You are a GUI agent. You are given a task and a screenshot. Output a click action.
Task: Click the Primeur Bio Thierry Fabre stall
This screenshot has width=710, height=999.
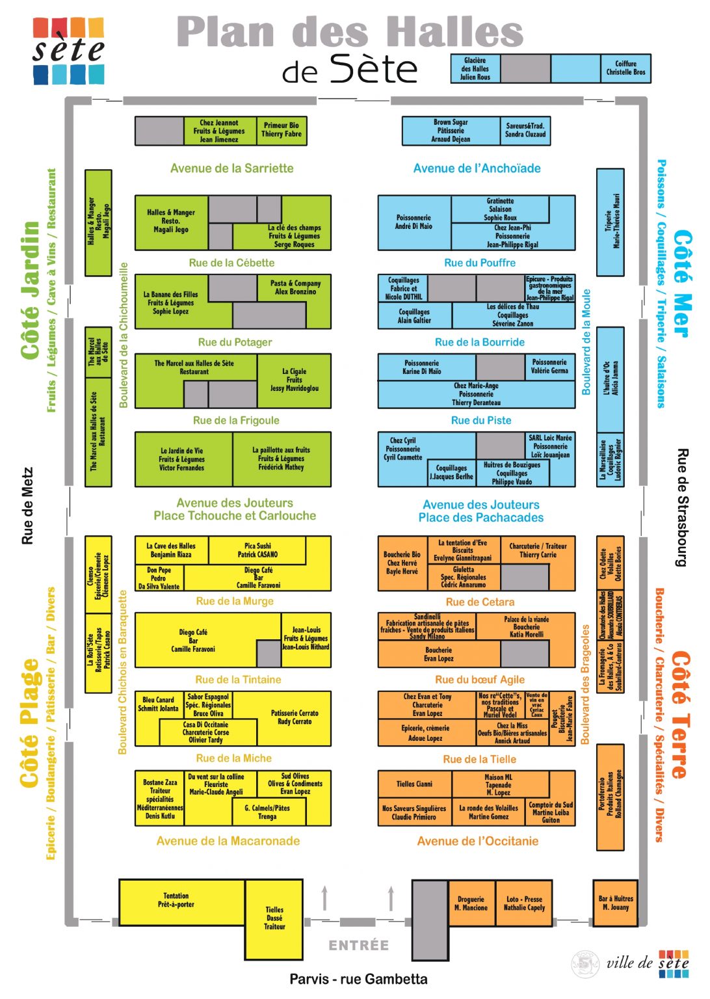click(281, 130)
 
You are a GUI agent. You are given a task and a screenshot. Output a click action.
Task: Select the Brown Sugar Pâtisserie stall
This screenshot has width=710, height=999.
click(451, 131)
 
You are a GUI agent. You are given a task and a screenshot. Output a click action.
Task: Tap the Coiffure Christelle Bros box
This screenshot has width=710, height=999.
click(625, 68)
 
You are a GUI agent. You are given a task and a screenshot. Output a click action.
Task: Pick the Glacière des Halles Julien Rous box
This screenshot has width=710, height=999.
click(475, 68)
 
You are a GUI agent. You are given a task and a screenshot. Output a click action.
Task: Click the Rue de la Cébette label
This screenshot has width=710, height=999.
click(231, 263)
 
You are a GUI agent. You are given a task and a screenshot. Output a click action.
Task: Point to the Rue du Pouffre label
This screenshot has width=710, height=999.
click(480, 263)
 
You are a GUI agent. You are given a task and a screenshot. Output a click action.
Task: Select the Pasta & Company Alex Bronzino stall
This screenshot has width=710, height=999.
click(295, 288)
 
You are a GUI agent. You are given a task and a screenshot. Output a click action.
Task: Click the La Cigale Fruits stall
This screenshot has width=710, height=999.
click(294, 380)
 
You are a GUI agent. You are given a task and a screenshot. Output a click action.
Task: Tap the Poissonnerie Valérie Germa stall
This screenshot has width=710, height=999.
click(549, 367)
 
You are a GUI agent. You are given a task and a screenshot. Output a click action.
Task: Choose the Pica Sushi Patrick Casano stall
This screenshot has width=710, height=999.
click(257, 550)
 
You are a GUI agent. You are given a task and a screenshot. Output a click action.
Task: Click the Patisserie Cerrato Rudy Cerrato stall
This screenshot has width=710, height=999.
click(295, 717)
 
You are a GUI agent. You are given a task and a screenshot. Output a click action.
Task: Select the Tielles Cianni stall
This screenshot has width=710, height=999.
click(414, 784)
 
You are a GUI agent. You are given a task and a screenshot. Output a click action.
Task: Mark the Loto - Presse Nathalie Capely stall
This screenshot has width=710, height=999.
click(524, 903)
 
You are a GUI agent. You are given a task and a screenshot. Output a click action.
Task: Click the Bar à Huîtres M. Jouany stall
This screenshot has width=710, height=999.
click(615, 903)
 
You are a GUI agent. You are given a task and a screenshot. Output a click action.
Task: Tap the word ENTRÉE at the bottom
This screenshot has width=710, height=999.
click(358, 945)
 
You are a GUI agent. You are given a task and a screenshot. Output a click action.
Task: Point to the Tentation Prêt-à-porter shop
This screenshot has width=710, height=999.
click(176, 901)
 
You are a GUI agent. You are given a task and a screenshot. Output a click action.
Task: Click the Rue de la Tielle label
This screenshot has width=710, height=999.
click(479, 759)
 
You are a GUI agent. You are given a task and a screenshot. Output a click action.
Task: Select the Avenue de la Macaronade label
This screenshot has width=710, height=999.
click(228, 841)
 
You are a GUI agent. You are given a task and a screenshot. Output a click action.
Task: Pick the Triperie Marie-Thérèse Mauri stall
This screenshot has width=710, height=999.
click(611, 221)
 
